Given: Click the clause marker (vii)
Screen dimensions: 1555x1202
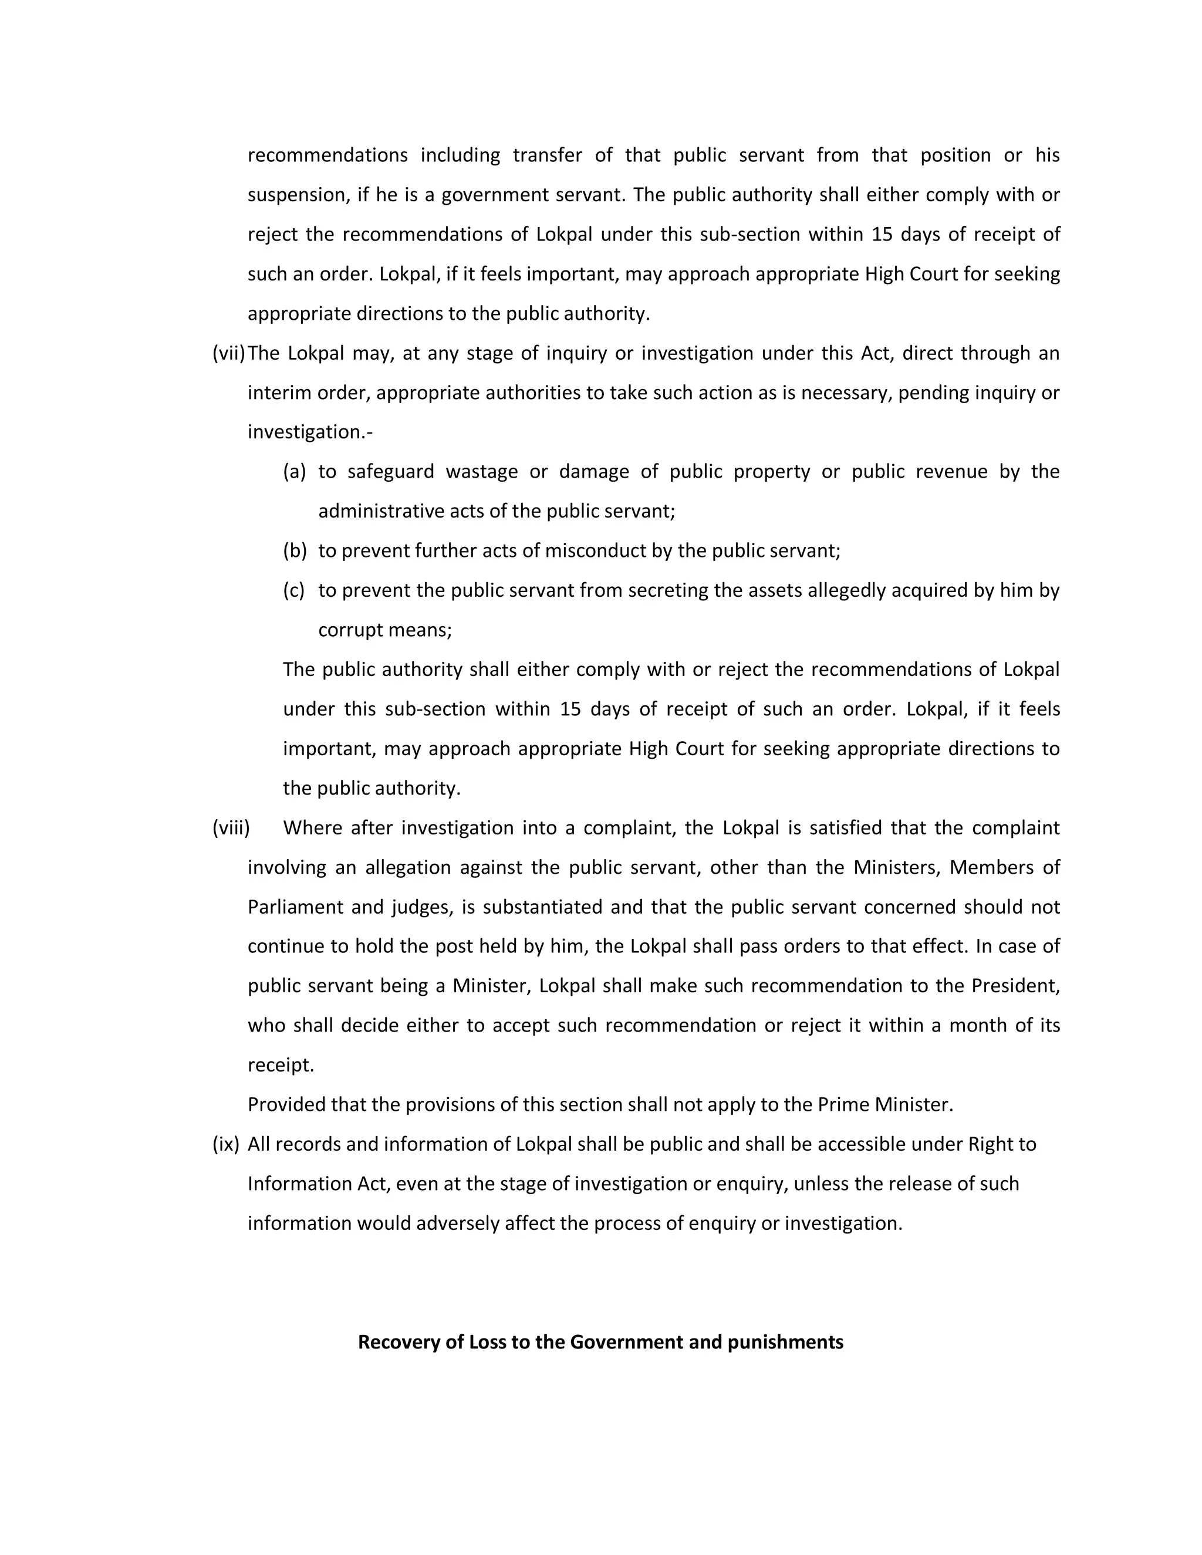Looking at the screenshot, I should coord(228,353).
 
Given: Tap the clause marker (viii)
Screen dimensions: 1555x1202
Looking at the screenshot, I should coord(231,827).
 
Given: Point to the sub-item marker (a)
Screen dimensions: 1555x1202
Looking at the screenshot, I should coord(294,471).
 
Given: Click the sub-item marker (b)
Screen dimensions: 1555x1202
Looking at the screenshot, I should coord(294,550).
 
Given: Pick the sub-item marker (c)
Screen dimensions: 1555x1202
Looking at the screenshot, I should coord(293,590).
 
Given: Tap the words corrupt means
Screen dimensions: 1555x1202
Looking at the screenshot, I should coord(384,630).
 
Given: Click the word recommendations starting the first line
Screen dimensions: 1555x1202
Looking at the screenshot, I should coord(327,155).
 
